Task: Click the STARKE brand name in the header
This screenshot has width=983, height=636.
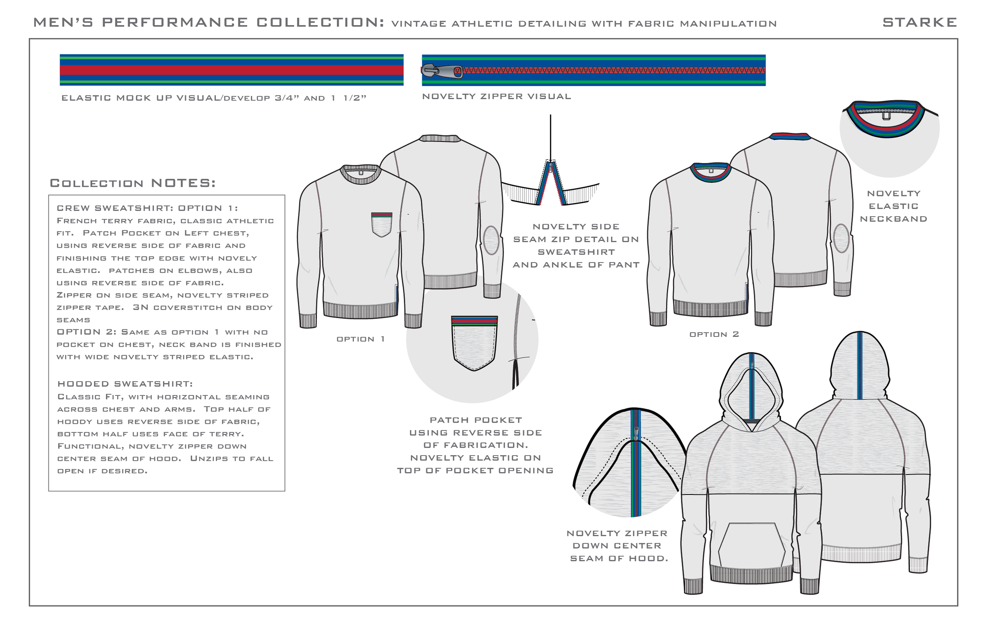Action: (919, 22)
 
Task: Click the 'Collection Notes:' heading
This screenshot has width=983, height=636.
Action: (133, 183)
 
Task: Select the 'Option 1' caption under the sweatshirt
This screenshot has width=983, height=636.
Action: (361, 339)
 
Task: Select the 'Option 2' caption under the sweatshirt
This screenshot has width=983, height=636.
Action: (714, 335)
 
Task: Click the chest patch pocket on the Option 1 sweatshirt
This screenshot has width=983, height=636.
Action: (381, 225)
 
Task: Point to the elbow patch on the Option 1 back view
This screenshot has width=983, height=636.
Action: (491, 240)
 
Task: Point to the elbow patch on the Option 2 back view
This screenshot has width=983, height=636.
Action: (841, 238)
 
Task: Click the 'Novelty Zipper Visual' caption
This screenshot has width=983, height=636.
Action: (497, 97)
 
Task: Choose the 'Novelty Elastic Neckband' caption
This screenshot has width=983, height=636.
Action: (894, 206)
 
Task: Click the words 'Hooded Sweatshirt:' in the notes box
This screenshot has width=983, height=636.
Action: (125, 384)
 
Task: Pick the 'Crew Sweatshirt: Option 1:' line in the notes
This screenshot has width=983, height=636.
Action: (147, 208)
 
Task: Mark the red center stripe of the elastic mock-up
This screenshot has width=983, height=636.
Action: (231, 70)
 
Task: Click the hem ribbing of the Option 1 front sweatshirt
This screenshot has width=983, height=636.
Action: (360, 310)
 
